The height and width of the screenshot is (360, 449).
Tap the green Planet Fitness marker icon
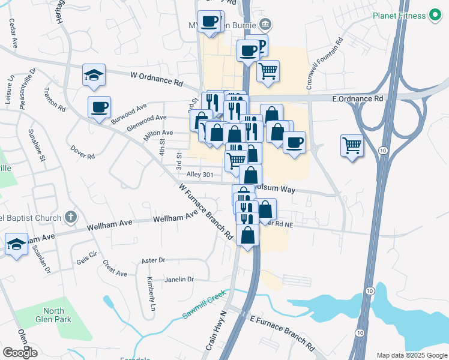pos(436,16)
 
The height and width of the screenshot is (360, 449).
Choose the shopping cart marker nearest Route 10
pos(351,145)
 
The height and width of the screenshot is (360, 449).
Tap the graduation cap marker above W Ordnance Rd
pos(94,75)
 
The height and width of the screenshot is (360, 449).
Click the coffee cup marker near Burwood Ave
pos(99,107)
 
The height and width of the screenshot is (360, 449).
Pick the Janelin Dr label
pos(176,279)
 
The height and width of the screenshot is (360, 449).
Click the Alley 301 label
pos(200,175)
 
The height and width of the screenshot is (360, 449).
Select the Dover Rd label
pos(82,152)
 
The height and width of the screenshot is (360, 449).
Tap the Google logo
pos(20,353)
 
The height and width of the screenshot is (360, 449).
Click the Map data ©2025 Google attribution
pos(411,355)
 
